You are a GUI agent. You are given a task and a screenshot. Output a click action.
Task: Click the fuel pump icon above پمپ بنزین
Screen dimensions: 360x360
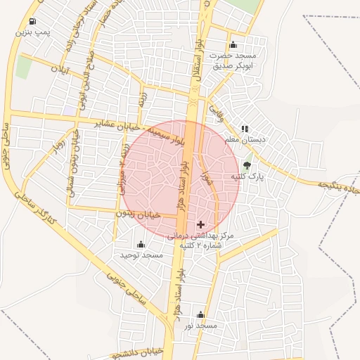click(33, 22)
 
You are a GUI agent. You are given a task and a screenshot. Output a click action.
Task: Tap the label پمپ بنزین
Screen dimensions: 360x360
click(35, 32)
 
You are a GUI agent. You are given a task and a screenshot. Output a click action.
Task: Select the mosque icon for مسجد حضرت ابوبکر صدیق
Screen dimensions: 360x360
click(233, 46)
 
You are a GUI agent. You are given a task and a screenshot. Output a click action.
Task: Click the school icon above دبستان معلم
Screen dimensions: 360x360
click(245, 129)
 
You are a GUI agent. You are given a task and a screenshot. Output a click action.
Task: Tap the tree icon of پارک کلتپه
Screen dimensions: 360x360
click(245, 166)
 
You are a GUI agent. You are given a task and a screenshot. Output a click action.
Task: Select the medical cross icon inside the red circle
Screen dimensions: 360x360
click(201, 224)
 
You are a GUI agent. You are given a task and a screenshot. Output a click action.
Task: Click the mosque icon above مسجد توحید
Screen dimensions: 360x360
click(141, 244)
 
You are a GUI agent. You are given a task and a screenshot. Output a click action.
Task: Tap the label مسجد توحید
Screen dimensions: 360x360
click(142, 255)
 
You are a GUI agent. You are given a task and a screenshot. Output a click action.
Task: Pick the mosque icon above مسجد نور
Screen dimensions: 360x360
click(201, 314)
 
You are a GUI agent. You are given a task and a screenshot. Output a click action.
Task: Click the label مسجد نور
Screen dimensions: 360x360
click(201, 326)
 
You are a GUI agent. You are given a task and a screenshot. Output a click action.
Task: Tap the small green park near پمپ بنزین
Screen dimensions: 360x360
click(23, 67)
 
